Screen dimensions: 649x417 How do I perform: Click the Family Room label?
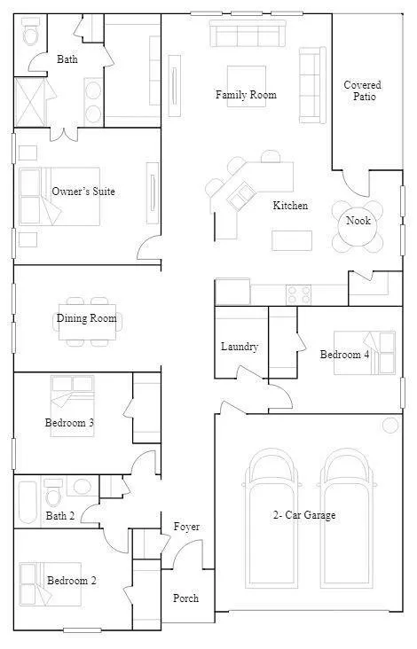click(x=246, y=95)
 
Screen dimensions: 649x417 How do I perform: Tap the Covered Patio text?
click(x=363, y=90)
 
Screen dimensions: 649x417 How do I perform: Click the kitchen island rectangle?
click(x=292, y=240)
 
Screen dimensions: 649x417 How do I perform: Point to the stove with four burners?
click(x=298, y=293)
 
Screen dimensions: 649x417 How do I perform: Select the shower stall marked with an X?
click(x=32, y=100)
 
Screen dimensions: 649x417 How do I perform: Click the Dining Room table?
click(x=87, y=317)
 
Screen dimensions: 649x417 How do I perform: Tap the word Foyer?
click(x=186, y=527)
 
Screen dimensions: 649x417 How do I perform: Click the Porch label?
click(x=185, y=598)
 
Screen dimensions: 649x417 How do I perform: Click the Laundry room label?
click(x=240, y=347)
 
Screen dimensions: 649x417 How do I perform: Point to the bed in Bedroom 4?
click(x=364, y=354)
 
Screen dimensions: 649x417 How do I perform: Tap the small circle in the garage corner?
click(x=390, y=425)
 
